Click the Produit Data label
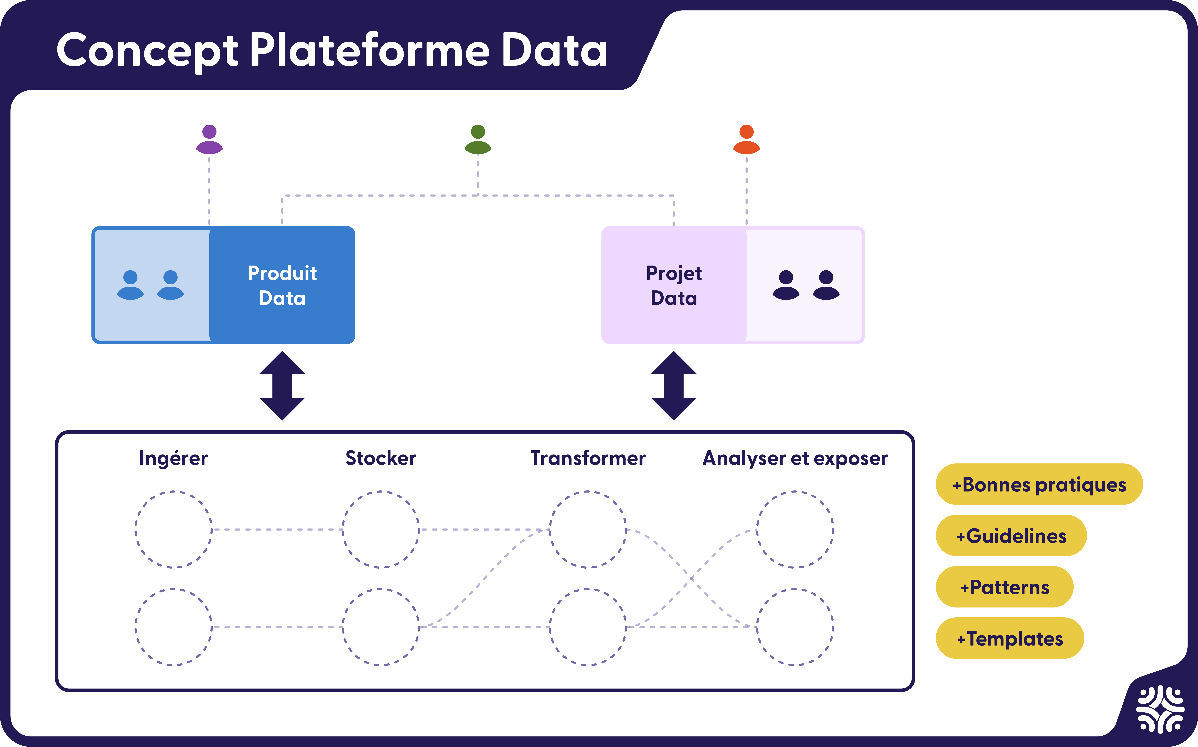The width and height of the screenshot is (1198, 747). coord(282,286)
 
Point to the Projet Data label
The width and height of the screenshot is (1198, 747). coord(674,286)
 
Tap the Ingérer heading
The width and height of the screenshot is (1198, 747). coord(173,458)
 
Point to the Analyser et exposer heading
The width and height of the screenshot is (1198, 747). coord(795,458)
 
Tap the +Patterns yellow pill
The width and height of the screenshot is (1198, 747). coord(1004,587)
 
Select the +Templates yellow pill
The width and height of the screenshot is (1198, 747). coord(1010,638)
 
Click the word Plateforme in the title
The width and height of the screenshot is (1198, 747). coord(369,50)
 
